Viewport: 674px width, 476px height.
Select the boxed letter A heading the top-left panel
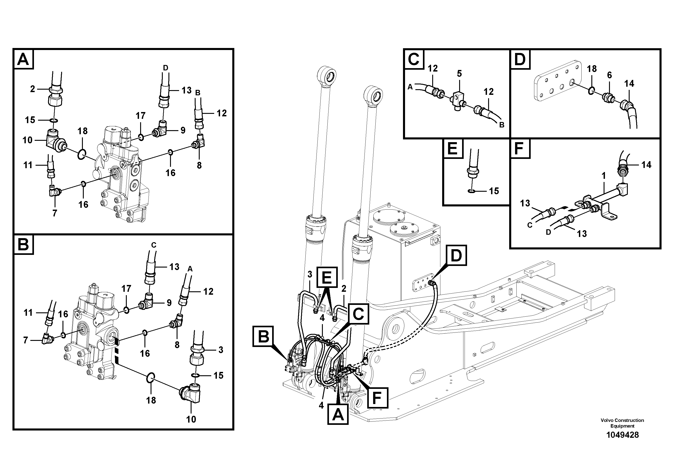tap(23, 60)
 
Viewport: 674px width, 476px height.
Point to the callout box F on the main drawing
tap(377, 398)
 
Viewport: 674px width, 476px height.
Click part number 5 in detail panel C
tap(459, 74)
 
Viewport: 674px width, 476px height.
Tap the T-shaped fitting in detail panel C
tap(457, 99)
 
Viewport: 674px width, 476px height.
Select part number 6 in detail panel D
tap(609, 75)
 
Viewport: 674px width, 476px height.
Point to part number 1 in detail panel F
tap(604, 176)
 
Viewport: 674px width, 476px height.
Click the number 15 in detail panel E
tap(494, 191)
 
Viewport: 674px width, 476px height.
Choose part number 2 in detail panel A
tap(32, 89)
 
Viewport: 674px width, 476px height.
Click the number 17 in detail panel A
tap(141, 116)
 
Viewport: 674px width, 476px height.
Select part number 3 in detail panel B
tap(221, 350)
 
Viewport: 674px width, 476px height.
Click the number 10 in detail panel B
tap(191, 419)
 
